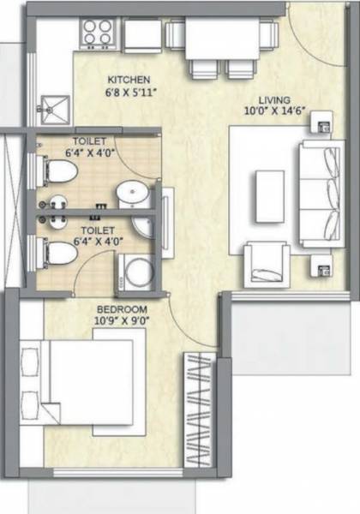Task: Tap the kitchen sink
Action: [x=53, y=107]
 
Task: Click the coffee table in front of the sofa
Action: [x=271, y=186]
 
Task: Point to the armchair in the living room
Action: [x=265, y=263]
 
